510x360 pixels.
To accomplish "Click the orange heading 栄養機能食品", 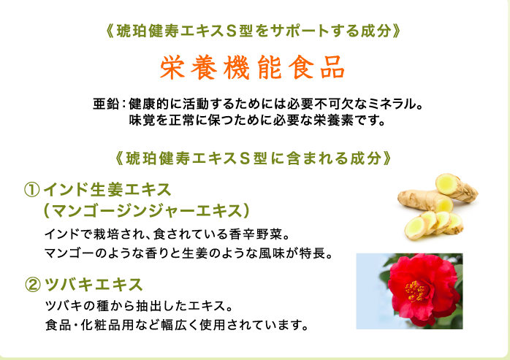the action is (x=252, y=68).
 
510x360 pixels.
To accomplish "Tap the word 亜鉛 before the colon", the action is (x=106, y=104).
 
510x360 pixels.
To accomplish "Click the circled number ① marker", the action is (x=32, y=190).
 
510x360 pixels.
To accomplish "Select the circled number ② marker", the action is (x=33, y=285).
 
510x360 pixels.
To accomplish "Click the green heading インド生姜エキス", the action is (x=107, y=190).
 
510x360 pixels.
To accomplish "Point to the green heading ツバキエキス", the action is (x=94, y=285).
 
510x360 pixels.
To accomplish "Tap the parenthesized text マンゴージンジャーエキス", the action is (x=146, y=211).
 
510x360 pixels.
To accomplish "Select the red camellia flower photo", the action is (x=409, y=291).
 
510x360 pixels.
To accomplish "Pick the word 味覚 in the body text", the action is (x=142, y=120).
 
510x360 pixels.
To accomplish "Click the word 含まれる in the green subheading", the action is (x=317, y=158).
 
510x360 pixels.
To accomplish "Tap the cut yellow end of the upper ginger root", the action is (x=446, y=184).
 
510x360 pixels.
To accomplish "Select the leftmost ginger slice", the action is (x=416, y=228).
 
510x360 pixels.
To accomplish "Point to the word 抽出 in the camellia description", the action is (x=148, y=306).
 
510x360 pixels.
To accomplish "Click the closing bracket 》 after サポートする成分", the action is (x=397, y=31).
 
